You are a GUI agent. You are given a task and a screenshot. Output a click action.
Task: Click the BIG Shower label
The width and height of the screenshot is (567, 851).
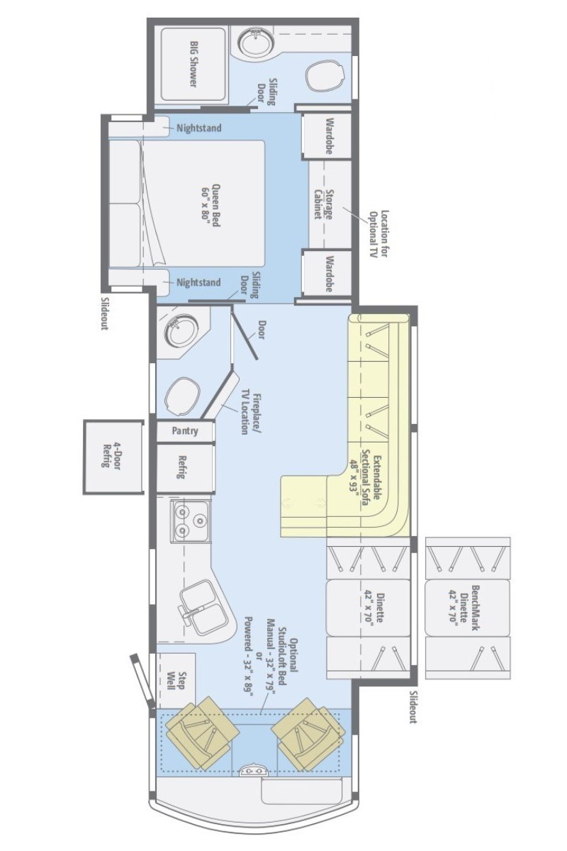[193, 63]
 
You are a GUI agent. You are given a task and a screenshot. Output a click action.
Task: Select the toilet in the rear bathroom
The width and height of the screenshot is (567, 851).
[325, 76]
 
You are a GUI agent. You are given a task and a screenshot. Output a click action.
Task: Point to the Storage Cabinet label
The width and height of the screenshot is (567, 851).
[323, 204]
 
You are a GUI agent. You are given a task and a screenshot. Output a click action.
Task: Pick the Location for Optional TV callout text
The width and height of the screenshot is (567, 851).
[379, 233]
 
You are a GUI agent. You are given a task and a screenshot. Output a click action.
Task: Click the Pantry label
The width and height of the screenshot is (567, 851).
[185, 431]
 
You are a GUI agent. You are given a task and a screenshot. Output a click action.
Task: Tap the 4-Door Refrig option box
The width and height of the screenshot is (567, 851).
[113, 457]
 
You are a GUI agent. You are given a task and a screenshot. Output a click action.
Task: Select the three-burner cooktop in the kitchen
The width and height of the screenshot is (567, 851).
[190, 521]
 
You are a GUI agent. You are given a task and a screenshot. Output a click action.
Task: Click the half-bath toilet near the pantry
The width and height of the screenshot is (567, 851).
[182, 396]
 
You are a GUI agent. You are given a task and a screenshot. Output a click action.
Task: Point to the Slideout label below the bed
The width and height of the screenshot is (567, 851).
[104, 313]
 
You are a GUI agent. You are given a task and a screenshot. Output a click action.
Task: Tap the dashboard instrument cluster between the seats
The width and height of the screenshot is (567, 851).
[251, 769]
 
